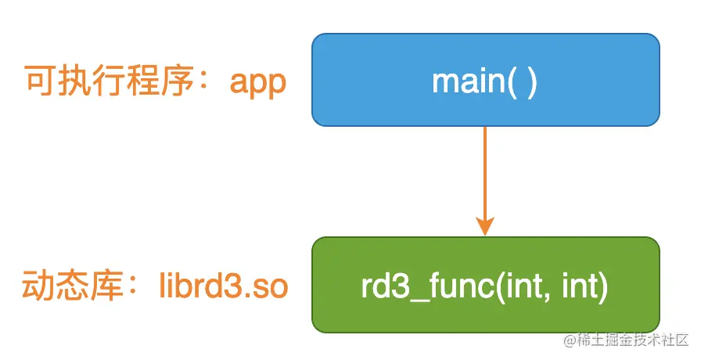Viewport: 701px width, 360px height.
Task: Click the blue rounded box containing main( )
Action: click(x=486, y=80)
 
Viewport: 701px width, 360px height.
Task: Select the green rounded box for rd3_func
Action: click(x=486, y=285)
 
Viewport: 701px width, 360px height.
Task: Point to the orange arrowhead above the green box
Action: click(x=485, y=226)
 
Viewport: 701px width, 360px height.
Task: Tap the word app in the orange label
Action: click(x=258, y=83)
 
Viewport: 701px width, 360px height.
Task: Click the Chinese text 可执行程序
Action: click(x=110, y=81)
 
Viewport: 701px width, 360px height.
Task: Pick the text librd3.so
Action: click(x=224, y=286)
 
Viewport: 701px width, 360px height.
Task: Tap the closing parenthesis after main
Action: click(x=532, y=83)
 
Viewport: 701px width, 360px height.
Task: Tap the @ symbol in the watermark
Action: click(x=569, y=340)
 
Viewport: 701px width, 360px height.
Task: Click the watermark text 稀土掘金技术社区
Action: click(x=632, y=340)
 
